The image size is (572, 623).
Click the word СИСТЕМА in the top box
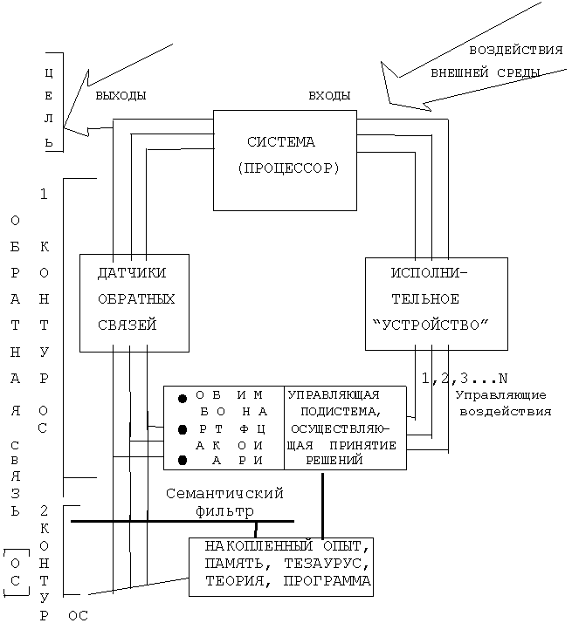coord(280,141)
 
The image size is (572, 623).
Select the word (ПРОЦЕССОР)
coord(287,168)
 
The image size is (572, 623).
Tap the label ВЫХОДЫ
coord(121,94)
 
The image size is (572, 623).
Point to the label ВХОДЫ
coord(330,94)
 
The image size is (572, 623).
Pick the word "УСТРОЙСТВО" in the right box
coord(430,325)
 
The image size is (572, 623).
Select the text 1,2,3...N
coord(464,379)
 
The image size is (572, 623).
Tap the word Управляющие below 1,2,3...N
coord(501,395)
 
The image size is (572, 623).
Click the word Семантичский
coord(225,493)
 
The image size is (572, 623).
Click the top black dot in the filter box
coord(183,399)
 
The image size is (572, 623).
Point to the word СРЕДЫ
coord(516,72)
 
